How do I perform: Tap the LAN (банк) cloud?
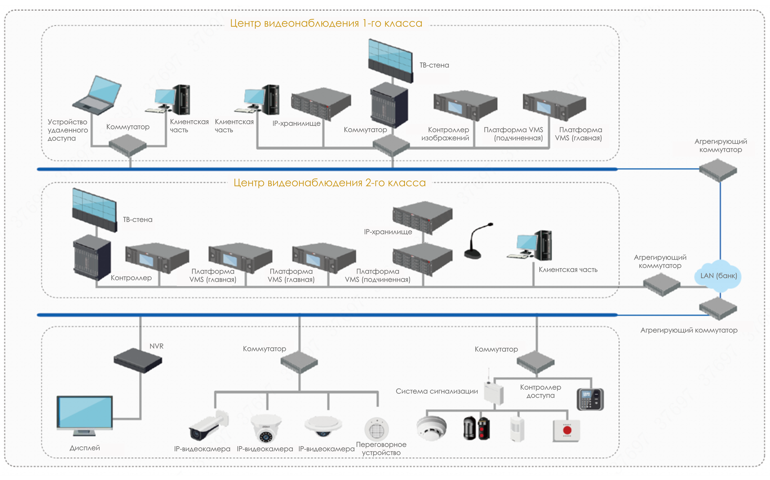718,276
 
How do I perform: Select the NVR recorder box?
138,360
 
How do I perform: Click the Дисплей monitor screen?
84,412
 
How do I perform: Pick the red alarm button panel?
567,431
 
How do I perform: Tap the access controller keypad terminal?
590,399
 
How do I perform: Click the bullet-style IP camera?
208,426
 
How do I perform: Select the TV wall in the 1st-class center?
391,60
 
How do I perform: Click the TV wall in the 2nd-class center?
94,210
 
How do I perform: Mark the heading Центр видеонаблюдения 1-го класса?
326,23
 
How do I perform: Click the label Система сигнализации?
437,391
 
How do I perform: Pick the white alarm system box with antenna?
494,392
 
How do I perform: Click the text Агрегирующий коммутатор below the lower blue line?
689,330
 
